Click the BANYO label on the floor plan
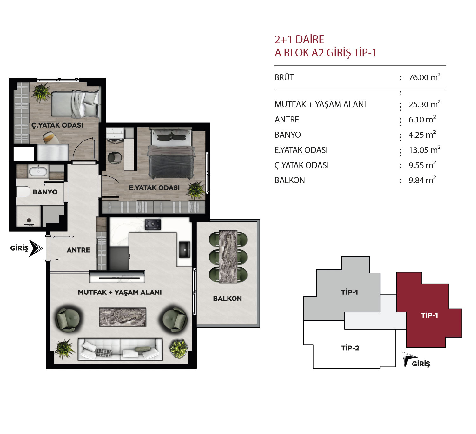[x=45, y=192]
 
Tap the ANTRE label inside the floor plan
[x=79, y=250]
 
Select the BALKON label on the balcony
[x=227, y=299]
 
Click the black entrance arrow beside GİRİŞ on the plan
[x=36, y=248]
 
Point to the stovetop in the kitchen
[x=153, y=224]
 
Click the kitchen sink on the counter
[x=184, y=249]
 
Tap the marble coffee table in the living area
[x=122, y=317]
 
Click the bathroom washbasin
[x=38, y=171]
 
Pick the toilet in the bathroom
[x=23, y=192]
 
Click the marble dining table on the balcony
[x=228, y=256]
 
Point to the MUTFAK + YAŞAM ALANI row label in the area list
[x=320, y=104]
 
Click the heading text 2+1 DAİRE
[x=299, y=39]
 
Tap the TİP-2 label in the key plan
[x=350, y=348]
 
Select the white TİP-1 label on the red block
[x=429, y=315]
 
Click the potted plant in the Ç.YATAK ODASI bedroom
[x=42, y=92]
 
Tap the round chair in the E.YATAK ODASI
[x=115, y=158]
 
